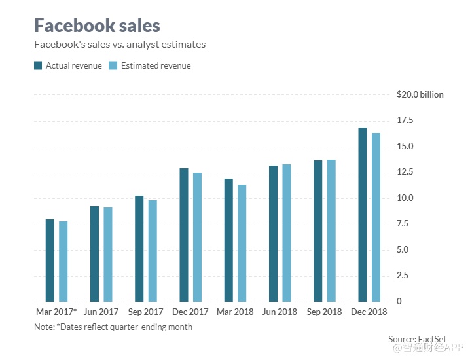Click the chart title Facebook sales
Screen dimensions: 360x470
coord(97,26)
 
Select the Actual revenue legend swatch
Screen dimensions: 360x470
coord(38,65)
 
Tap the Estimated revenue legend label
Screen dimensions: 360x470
coord(155,66)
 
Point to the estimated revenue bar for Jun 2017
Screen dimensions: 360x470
coord(108,255)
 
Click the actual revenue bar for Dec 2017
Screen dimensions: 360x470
coord(184,235)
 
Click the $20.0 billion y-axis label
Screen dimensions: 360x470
coord(420,95)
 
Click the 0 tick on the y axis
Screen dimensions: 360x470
coord(399,302)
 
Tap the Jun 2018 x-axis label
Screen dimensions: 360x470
coord(280,312)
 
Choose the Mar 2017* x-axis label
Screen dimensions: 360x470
coord(56,312)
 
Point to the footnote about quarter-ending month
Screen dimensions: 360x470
coord(113,326)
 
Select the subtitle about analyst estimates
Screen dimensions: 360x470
coord(120,45)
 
